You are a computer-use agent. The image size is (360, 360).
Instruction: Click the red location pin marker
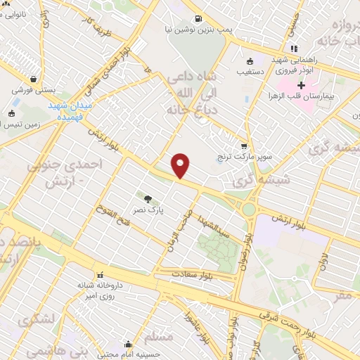181,165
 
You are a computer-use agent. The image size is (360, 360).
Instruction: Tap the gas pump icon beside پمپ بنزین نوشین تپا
198,18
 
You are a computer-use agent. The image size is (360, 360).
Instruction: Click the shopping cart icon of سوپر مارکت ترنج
244,147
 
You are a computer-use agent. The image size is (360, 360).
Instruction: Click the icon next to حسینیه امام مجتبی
128,344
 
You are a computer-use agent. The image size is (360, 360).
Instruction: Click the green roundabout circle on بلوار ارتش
249,209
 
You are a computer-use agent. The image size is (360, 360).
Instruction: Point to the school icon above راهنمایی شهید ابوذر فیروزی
294,48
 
